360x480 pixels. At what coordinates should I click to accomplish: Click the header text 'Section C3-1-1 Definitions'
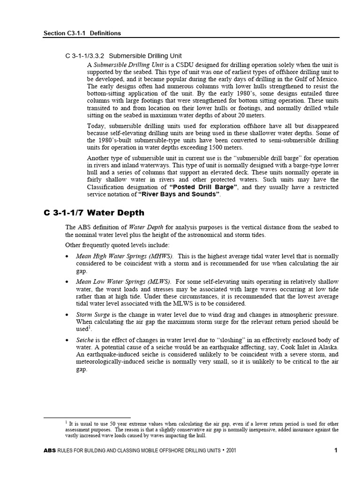[x=82, y=33]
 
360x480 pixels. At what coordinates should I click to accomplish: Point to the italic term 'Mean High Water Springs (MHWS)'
[x=125, y=256]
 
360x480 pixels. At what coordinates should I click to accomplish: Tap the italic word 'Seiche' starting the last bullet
[x=85, y=340]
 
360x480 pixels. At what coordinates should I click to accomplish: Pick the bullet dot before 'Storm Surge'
[x=68, y=315]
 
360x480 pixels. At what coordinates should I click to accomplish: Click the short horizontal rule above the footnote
[x=87, y=417]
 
